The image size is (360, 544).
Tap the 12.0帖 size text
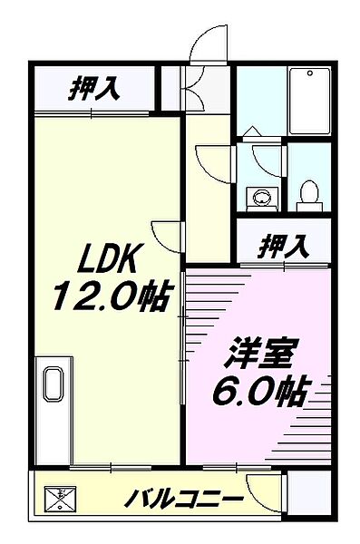(112, 296)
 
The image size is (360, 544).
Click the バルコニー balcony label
(184, 499)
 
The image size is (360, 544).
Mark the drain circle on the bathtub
(311, 73)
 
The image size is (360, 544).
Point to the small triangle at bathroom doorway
(252, 133)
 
